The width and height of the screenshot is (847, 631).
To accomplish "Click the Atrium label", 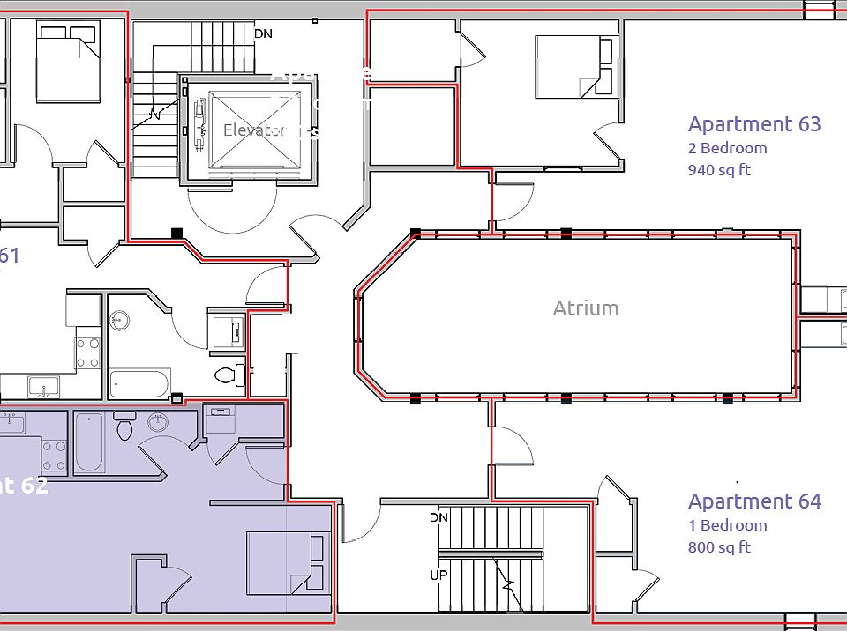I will pos(586,308).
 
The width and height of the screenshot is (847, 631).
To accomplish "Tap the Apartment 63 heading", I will pos(754,124).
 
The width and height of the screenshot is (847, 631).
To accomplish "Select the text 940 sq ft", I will pos(719,170).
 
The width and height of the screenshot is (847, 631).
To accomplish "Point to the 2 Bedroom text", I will pos(727,148).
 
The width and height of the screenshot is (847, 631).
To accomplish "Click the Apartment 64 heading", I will pos(754,501).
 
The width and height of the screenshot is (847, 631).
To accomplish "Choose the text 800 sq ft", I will pos(719,547).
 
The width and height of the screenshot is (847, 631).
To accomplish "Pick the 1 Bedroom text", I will pos(727,525).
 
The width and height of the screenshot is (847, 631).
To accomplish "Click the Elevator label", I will pos(256,130).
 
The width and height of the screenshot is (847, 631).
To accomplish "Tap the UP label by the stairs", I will pos(438,575).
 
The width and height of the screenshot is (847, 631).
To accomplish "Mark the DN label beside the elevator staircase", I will pos(263,34).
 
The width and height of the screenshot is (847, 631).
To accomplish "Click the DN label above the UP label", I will pos(438,517).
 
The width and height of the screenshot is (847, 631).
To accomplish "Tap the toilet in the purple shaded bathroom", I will pos(124,429).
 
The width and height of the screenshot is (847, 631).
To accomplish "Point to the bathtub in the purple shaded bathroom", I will pos(90,442).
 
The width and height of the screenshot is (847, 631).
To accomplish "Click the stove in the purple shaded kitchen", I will pos(55,456).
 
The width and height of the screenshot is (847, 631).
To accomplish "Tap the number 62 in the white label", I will pos(34,485).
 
